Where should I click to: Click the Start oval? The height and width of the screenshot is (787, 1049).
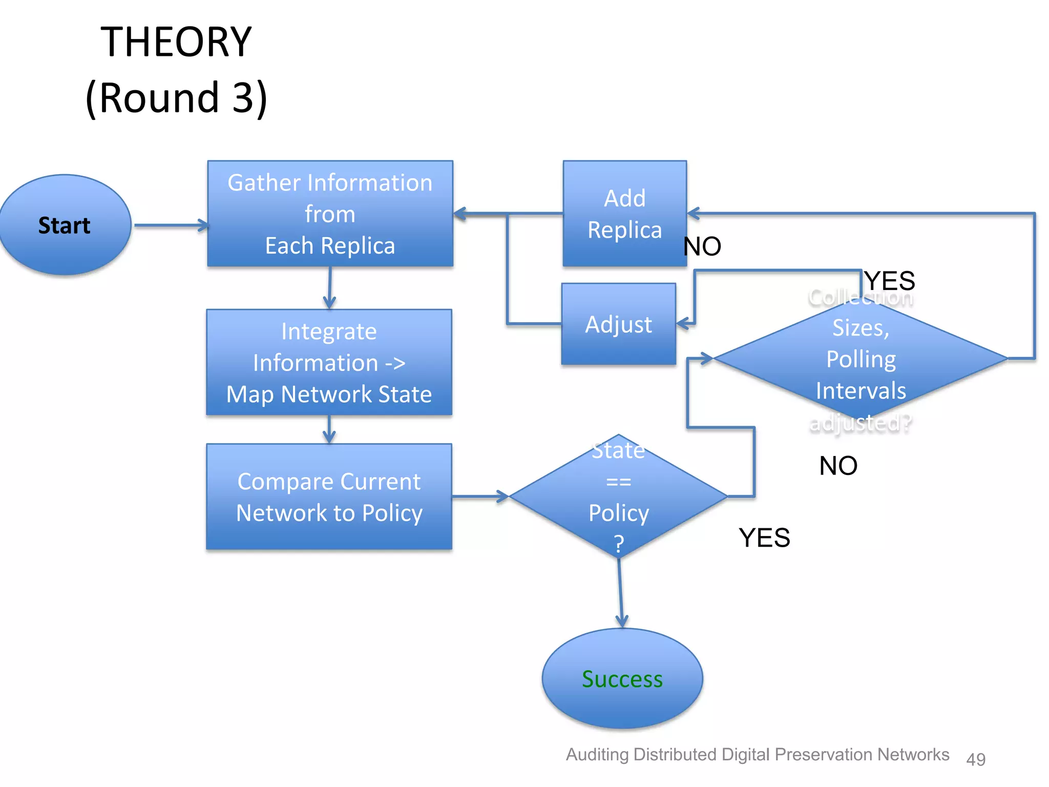[65, 225]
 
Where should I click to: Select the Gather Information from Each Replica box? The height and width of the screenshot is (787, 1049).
[330, 214]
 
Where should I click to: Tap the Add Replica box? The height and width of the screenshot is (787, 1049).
[624, 214]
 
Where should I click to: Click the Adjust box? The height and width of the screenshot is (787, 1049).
[618, 324]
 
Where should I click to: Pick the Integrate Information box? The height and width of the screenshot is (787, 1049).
[329, 362]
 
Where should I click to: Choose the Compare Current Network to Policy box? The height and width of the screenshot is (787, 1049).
[329, 496]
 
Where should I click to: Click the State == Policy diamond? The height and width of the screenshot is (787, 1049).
[618, 496]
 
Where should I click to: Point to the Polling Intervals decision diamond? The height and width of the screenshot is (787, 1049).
[861, 359]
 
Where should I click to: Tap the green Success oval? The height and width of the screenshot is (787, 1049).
[622, 678]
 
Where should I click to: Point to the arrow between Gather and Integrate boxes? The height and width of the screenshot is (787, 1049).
[329, 287]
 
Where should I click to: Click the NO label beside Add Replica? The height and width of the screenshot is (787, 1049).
[702, 246]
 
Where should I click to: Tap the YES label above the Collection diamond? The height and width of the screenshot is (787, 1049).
[889, 281]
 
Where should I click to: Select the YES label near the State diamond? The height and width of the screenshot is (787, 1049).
[764, 537]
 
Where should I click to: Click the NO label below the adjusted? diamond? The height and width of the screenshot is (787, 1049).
[838, 466]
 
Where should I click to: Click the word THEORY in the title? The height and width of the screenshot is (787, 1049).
[176, 42]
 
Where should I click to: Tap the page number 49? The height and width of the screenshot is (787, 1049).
[975, 758]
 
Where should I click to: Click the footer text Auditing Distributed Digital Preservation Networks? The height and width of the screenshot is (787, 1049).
[757, 754]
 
